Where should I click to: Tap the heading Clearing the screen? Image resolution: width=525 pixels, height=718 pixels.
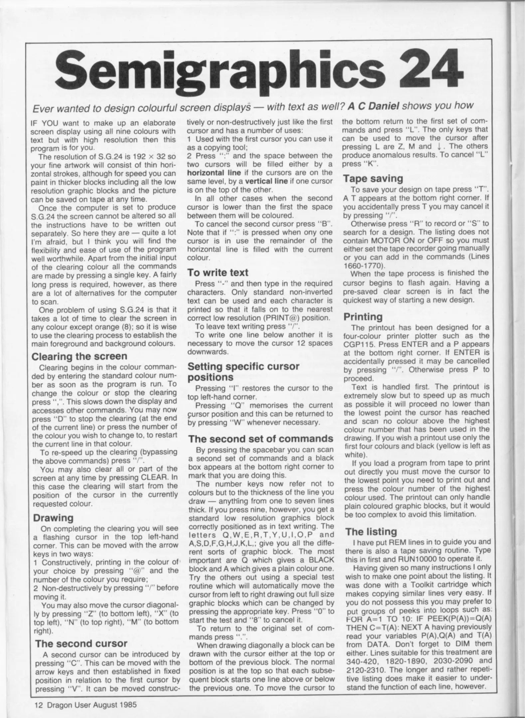[x=79, y=356]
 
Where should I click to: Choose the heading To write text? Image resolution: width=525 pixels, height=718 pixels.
[x=218, y=273]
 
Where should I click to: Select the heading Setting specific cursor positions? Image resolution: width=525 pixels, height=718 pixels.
[x=244, y=372]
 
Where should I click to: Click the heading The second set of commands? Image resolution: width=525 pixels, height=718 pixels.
[x=261, y=438]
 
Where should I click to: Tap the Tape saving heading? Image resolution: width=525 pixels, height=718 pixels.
[x=373, y=179]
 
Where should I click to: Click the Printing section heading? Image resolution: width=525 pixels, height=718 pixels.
[x=363, y=316]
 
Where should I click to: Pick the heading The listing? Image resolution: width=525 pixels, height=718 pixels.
[x=371, y=532]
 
